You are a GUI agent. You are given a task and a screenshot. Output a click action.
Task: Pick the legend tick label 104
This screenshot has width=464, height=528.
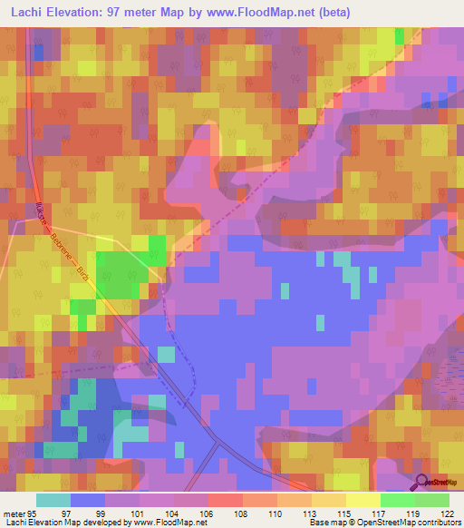172,512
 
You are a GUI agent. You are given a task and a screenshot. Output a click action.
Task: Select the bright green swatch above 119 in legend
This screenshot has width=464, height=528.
397,500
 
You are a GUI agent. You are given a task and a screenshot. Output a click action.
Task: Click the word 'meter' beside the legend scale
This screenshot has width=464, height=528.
15,512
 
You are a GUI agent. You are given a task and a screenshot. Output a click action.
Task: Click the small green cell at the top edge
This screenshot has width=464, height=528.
399,35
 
